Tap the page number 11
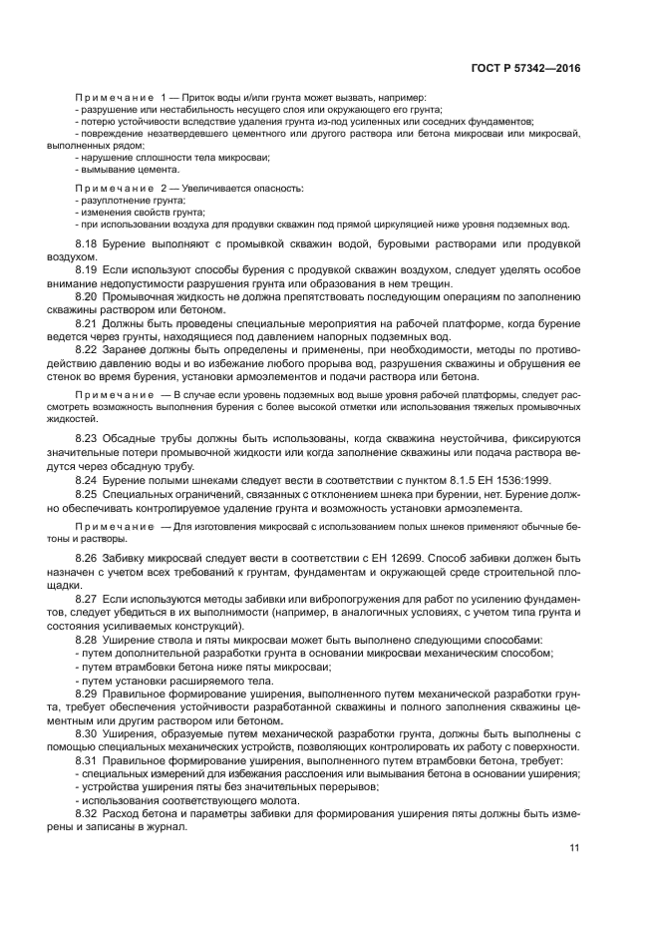(x=574, y=848)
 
